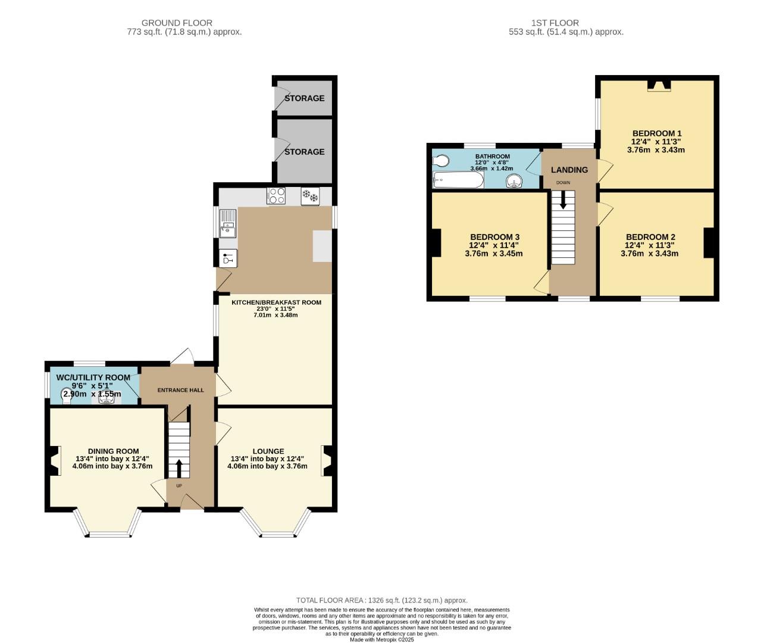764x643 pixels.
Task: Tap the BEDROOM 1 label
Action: coord(656,133)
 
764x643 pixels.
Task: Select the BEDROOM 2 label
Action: coord(650,237)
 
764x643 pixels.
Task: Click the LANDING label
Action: coord(569,170)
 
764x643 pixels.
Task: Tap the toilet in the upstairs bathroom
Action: coord(442,161)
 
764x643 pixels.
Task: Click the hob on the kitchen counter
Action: coord(277,196)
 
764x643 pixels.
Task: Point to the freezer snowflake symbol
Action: coord(310,196)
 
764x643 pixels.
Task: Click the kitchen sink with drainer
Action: coord(228,223)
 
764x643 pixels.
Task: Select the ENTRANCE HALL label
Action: coord(180,391)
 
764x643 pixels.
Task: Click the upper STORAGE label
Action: coord(304,98)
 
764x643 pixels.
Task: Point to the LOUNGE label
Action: coord(268,451)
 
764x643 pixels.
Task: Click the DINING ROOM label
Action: coord(113,451)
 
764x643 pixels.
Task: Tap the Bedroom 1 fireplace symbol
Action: coord(658,87)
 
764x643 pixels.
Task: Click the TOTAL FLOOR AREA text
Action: coord(381,600)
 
